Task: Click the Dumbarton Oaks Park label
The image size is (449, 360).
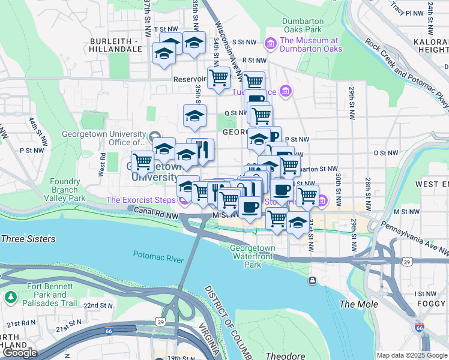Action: pyautogui.click(x=303, y=25)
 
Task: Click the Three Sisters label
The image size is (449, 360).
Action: pyautogui.click(x=28, y=239)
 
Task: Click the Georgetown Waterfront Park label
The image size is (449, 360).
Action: pyautogui.click(x=253, y=256)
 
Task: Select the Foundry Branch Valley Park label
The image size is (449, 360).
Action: pyautogui.click(x=65, y=190)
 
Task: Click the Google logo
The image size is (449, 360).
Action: pyautogui.click(x=20, y=353)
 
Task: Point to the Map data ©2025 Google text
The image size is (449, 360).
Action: pyautogui.click(x=411, y=355)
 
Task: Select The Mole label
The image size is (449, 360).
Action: pyautogui.click(x=359, y=304)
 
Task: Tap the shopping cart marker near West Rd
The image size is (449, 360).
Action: pyautogui.click(x=142, y=161)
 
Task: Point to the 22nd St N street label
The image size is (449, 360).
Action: pyautogui.click(x=98, y=305)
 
